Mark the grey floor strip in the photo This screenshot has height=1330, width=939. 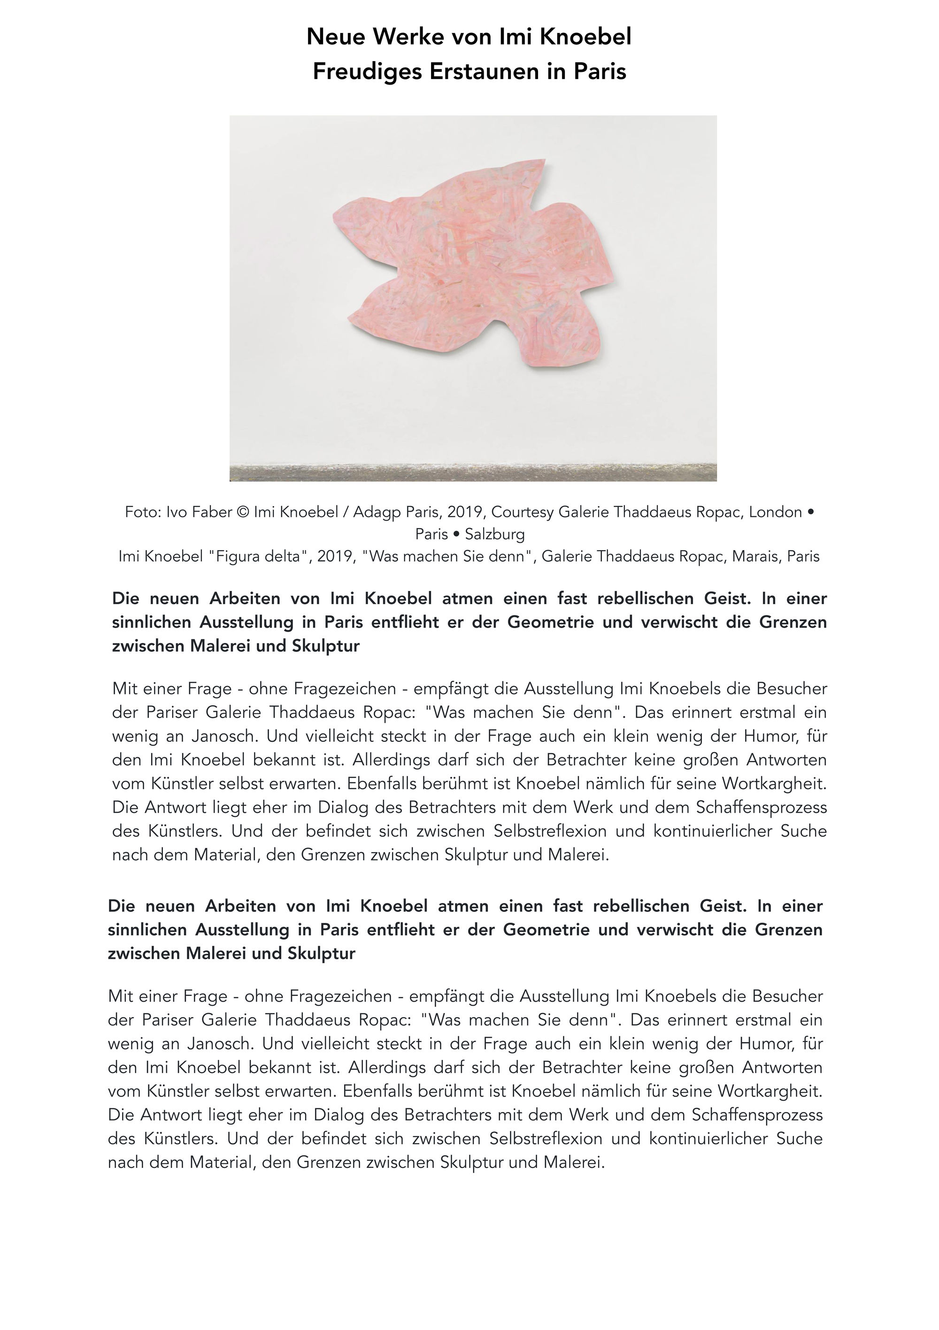click(x=473, y=473)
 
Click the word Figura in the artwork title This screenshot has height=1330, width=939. click(x=236, y=557)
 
